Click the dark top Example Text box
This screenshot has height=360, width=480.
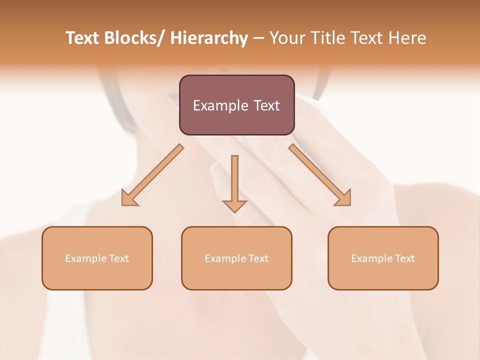pyautogui.click(x=236, y=105)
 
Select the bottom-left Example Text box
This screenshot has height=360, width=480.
pyautogui.click(x=97, y=258)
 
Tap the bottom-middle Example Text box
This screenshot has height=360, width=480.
pyautogui.click(x=236, y=258)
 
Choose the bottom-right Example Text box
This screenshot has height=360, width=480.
pyautogui.click(x=383, y=258)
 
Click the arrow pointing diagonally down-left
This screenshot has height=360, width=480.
pyautogui.click(x=152, y=175)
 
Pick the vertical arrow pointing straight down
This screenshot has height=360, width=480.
pyautogui.click(x=234, y=182)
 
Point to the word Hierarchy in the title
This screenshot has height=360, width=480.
pyautogui.click(x=209, y=38)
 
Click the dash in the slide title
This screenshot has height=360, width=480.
pyautogui.click(x=258, y=38)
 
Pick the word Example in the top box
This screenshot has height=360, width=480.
pyautogui.click(x=220, y=105)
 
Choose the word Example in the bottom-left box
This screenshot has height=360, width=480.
pyautogui.click(x=86, y=258)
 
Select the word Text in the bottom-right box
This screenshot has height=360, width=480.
pyautogui.click(x=404, y=258)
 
